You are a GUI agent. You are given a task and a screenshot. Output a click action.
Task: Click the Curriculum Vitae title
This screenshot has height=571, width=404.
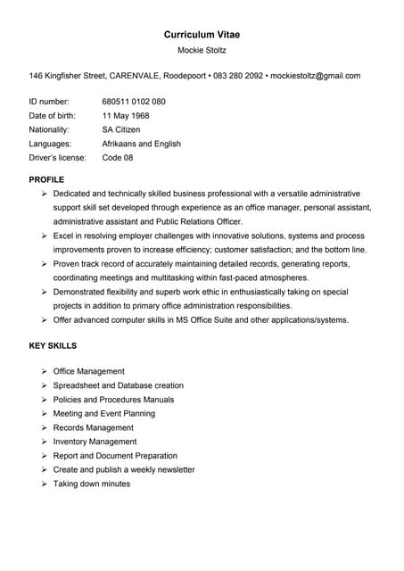tap(202, 34)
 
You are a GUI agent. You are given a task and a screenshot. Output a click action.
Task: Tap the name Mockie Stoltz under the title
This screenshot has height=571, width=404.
tap(202, 50)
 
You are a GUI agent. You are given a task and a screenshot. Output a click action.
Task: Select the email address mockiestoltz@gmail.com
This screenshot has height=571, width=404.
tap(315, 76)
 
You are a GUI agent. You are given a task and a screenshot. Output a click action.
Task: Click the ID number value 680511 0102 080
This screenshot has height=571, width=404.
tap(134, 102)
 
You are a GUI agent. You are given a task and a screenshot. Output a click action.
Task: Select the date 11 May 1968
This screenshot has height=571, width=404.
tap(126, 116)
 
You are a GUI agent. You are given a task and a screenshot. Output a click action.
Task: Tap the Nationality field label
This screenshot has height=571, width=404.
tap(49, 129)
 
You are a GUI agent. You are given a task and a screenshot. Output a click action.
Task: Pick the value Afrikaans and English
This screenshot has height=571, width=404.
tap(142, 144)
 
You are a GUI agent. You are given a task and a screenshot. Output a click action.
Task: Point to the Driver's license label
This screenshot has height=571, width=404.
tap(57, 158)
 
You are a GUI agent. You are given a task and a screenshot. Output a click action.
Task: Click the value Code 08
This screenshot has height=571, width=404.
tap(118, 158)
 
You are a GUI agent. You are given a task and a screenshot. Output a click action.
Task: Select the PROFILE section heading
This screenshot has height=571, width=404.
tap(46, 179)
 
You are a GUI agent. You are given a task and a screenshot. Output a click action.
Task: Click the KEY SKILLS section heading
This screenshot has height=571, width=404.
tap(53, 345)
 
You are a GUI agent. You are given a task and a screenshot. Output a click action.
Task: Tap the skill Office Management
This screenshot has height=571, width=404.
tap(89, 371)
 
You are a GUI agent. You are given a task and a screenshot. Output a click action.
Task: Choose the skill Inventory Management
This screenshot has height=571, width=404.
tap(95, 442)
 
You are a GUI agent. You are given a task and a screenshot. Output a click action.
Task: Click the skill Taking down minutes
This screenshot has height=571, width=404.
tap(92, 484)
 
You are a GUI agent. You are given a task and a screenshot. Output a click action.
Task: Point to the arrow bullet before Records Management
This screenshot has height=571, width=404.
tap(45, 427)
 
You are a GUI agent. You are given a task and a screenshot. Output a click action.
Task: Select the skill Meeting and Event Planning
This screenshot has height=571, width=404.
tap(104, 413)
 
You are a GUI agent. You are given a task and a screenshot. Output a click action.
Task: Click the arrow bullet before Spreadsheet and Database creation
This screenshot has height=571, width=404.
tap(45, 385)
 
